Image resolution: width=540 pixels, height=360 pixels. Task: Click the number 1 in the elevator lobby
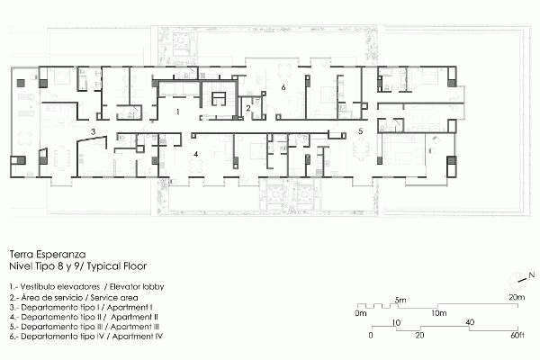pos(177,112)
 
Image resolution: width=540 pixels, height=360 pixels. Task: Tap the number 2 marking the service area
pos(248,109)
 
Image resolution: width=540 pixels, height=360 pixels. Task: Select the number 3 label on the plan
pos(93,131)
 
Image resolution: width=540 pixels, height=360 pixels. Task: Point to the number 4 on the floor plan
pos(195,154)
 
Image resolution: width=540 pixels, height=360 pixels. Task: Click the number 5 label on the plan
pos(361,130)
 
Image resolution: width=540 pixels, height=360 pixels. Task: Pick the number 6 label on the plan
pos(283,87)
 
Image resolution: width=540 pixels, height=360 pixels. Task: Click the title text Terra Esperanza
pos(48,254)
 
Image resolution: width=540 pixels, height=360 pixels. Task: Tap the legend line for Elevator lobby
pos(86,286)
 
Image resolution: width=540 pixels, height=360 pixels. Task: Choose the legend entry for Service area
pos(74,297)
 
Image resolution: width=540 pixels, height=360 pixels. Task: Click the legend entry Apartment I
pos(81,307)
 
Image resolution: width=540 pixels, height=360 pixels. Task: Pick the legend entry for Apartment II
pos(84,317)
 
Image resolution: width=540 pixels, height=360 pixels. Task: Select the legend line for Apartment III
pos(85,327)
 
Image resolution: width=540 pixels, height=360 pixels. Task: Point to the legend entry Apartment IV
pos(86,337)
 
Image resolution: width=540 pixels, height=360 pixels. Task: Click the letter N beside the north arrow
pos(532,275)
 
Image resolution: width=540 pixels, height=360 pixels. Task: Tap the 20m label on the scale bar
pos(517,297)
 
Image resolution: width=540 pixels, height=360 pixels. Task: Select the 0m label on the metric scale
pos(361,313)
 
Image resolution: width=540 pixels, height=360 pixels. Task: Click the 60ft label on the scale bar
pos(517,335)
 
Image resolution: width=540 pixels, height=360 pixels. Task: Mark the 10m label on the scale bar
pos(439,313)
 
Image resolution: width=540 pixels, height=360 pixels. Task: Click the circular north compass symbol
pos(517,280)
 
